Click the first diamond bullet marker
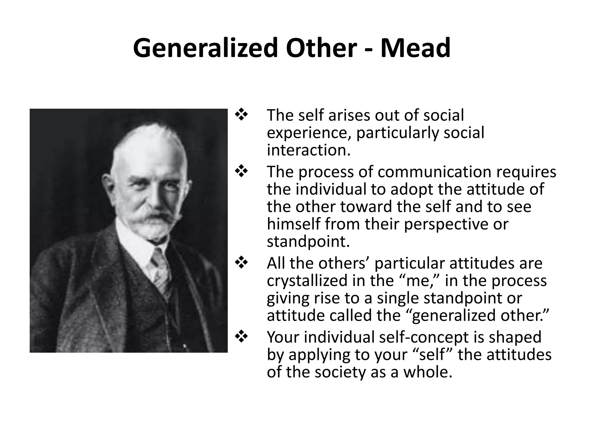(241, 115)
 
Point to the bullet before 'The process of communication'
(241, 172)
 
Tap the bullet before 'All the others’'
(241, 263)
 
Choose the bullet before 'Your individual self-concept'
(241, 337)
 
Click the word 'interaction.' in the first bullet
(309, 150)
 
